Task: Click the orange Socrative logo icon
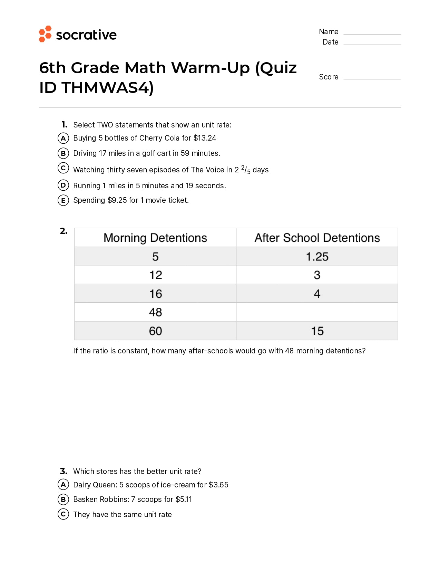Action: [x=45, y=34]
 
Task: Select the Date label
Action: [x=330, y=42]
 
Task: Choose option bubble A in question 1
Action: [x=63, y=138]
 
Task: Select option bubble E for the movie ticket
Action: [x=63, y=200]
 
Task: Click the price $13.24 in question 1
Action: [x=205, y=138]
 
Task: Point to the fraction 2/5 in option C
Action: [x=246, y=170]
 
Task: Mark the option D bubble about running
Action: [x=63, y=185]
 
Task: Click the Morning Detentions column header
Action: [x=155, y=238]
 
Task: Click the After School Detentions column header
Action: [x=317, y=238]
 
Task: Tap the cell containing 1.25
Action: [x=317, y=257]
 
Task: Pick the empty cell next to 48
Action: [x=317, y=312]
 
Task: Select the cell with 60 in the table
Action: [x=155, y=331]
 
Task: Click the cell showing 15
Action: [x=317, y=331]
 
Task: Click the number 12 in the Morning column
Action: [x=156, y=275]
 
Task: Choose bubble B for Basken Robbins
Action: [x=63, y=499]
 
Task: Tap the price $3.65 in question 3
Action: [x=218, y=485]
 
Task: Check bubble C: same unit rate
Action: [x=63, y=514]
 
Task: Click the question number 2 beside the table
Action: [x=63, y=231]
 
